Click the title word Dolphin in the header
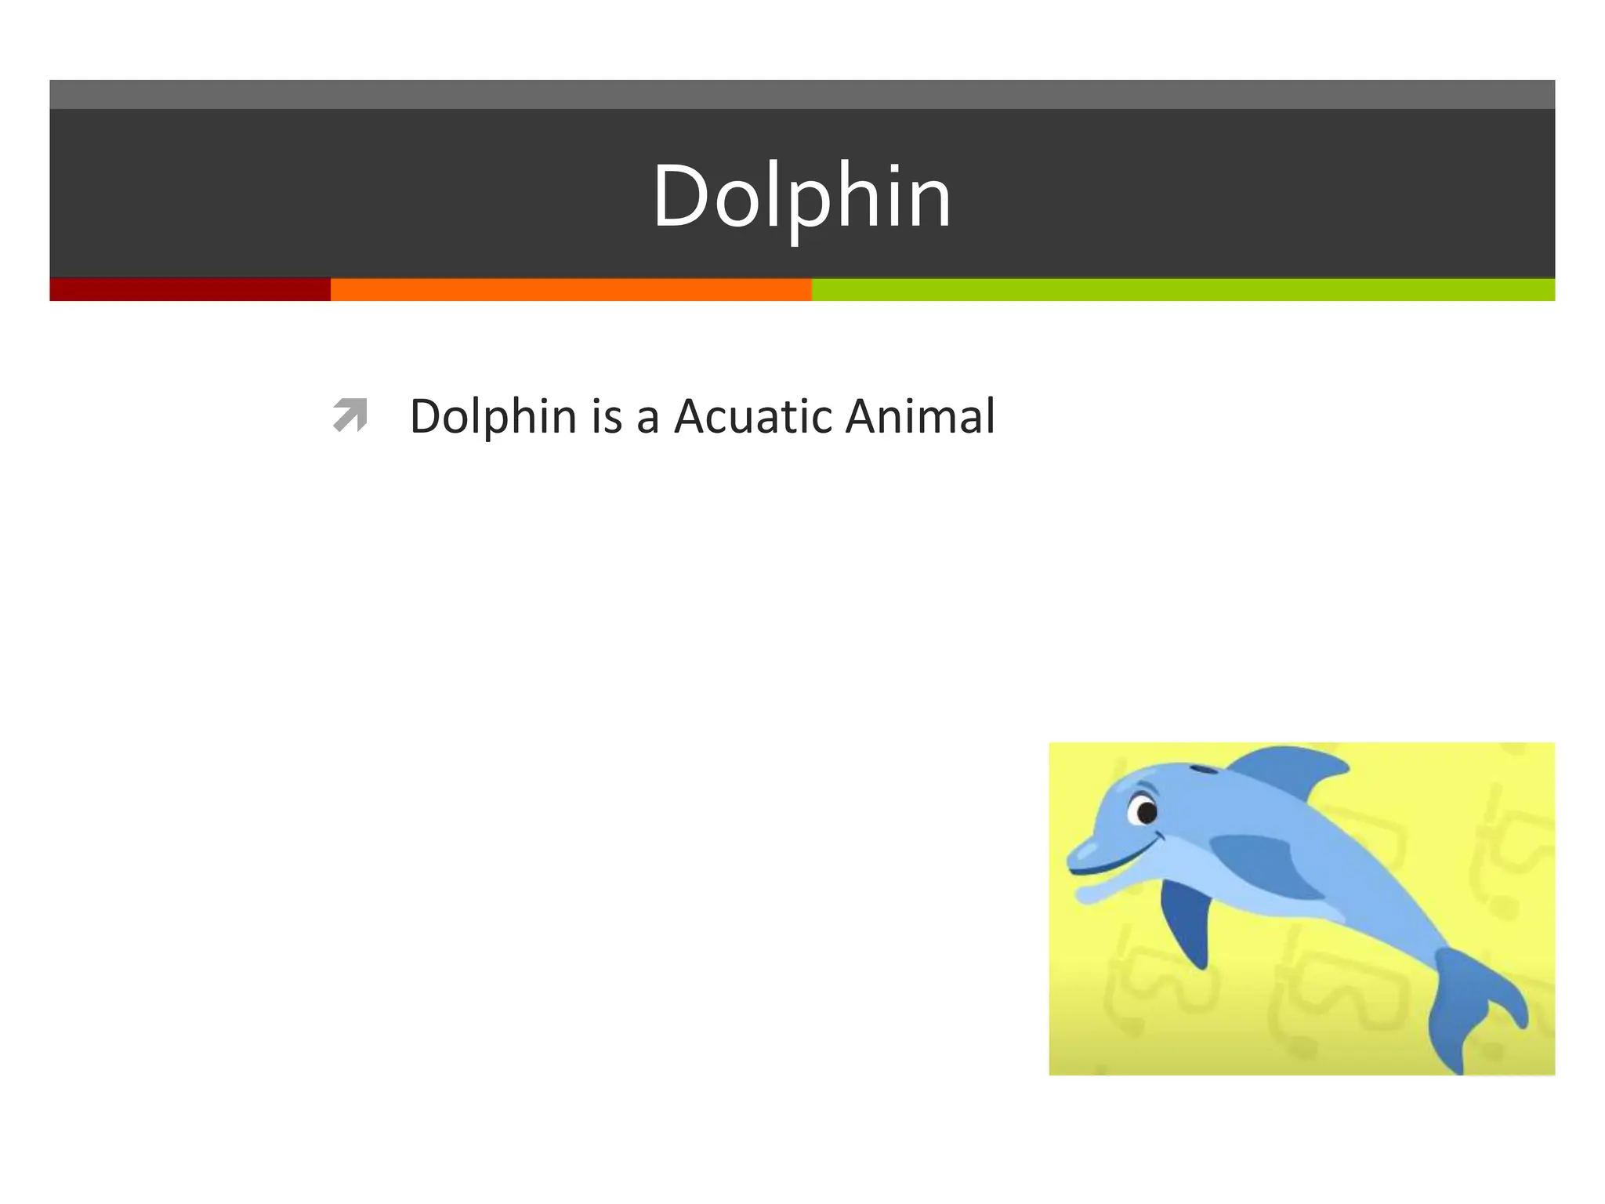point(801,196)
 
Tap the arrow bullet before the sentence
point(350,415)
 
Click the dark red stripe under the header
point(190,289)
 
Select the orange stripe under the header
point(571,289)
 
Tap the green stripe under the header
point(1183,289)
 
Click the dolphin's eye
point(1146,812)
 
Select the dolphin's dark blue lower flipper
point(1187,925)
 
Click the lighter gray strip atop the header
point(801,94)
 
